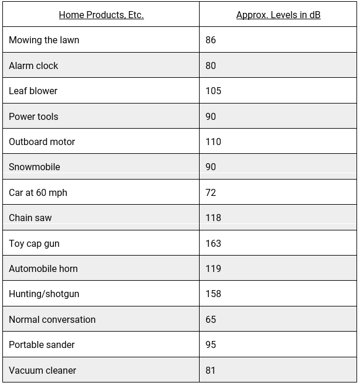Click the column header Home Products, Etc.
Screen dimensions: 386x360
(x=101, y=15)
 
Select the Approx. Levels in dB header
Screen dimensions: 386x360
(x=278, y=15)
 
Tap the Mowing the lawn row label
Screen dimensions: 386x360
(x=44, y=40)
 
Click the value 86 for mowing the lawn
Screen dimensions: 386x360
(x=211, y=40)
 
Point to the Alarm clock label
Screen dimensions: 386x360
(x=33, y=66)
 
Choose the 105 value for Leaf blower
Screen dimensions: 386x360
(x=213, y=91)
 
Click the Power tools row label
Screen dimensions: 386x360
(x=33, y=116)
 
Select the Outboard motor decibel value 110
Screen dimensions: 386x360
(x=213, y=142)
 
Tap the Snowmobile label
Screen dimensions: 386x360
(x=35, y=167)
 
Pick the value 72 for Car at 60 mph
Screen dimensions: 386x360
(x=211, y=192)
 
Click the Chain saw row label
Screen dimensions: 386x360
(x=30, y=218)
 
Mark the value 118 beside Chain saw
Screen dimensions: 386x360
(x=213, y=218)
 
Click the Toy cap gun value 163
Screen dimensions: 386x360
(x=213, y=243)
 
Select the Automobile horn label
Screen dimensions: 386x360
(x=43, y=269)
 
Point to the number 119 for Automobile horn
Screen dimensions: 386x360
(x=213, y=269)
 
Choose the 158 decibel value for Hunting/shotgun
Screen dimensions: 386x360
(x=213, y=294)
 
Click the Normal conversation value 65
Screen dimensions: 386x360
(x=211, y=320)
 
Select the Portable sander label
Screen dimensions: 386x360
(x=42, y=345)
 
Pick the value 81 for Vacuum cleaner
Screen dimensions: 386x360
(x=211, y=371)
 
